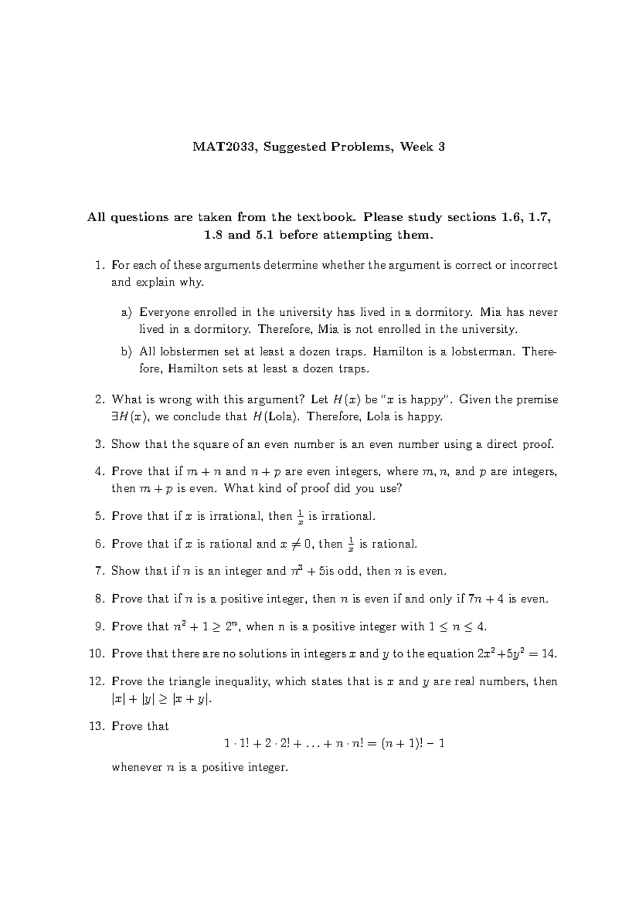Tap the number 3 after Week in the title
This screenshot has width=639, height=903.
(x=441, y=147)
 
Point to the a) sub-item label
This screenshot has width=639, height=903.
(x=126, y=313)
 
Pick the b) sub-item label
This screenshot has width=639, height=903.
(x=126, y=352)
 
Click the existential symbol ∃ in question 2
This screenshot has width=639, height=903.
(x=114, y=417)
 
